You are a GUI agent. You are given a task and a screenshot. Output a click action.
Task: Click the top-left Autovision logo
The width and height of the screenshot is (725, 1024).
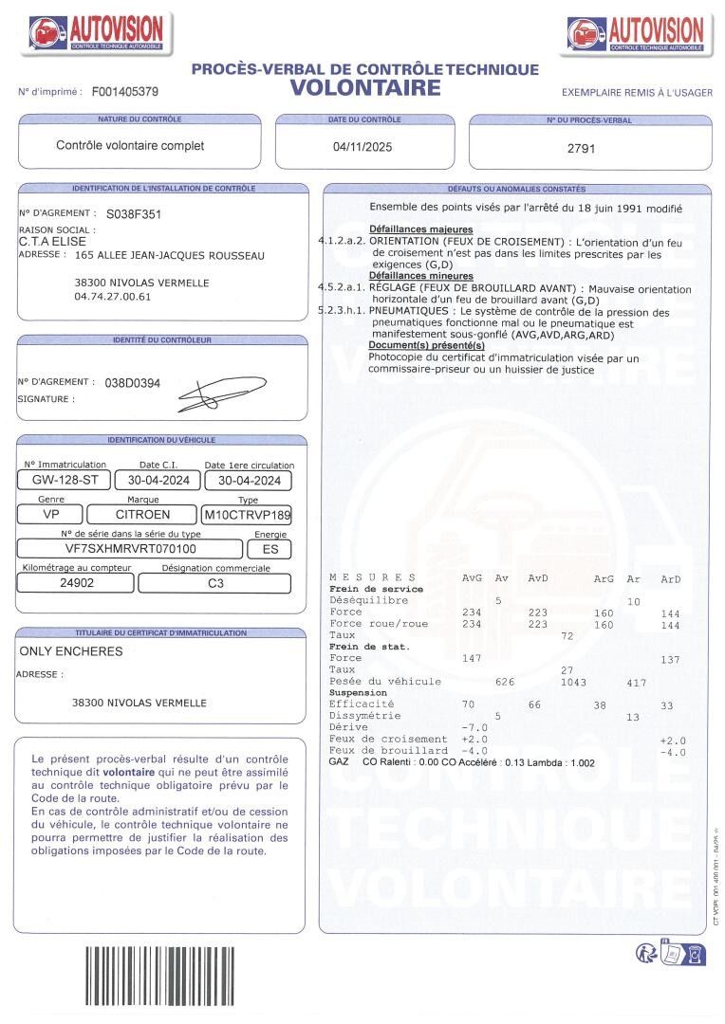96,34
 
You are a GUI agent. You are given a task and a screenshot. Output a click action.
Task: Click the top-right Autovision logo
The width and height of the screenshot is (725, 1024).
636,34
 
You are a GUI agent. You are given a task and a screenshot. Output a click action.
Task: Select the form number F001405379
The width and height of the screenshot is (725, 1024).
125,92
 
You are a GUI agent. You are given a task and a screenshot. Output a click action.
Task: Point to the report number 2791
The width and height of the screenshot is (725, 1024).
581,149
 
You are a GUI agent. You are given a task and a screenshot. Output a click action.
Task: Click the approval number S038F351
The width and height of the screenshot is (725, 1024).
134,214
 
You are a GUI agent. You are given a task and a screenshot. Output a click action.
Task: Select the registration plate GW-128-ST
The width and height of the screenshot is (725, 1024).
65,480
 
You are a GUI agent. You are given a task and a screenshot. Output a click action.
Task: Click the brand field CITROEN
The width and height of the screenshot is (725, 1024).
142,515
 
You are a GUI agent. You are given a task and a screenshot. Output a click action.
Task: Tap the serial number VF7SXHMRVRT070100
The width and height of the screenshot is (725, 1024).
131,548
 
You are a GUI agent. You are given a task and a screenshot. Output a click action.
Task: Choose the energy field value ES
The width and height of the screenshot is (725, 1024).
270,549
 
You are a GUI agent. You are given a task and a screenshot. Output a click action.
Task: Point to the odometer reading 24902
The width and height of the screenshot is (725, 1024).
77,583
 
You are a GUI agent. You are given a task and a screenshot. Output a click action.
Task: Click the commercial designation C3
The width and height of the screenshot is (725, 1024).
216,583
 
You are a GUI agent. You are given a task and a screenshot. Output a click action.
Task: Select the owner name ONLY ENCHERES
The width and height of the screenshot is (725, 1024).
71,651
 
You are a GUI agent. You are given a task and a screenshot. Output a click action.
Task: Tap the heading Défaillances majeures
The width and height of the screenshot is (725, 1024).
420,230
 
